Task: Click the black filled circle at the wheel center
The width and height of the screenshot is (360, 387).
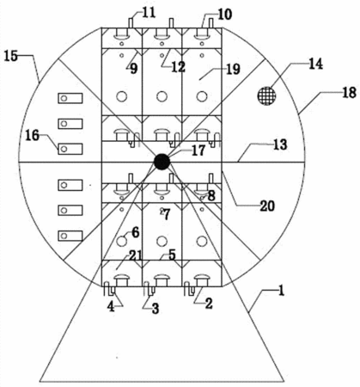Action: [x=162, y=162]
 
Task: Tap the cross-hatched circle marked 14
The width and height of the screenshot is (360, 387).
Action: [x=266, y=95]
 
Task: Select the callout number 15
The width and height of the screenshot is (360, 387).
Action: [x=11, y=56]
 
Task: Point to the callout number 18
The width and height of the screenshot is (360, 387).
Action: [x=349, y=93]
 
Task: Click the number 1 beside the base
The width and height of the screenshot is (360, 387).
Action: [x=281, y=291]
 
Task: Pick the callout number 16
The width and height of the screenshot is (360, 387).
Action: [x=32, y=135]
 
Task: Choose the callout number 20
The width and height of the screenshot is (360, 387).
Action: [x=267, y=206]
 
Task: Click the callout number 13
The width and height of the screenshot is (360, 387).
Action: [x=280, y=144]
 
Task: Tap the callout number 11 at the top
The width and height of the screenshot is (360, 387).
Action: [x=149, y=13]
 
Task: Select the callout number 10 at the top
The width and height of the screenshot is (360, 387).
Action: [x=224, y=15]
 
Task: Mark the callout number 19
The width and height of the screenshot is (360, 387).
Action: [x=233, y=69]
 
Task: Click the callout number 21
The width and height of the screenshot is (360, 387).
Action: [x=135, y=255]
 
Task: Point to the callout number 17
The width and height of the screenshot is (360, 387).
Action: [x=198, y=150]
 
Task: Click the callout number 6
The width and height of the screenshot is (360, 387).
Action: [x=135, y=232]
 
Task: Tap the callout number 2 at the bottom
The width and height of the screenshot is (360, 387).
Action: [x=209, y=304]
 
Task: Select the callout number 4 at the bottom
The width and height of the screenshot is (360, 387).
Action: [x=111, y=307]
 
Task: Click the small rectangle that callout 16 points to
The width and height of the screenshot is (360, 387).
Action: [x=70, y=149]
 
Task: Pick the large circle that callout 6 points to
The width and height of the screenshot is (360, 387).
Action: [x=122, y=242]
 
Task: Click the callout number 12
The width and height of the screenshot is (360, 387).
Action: [x=179, y=67]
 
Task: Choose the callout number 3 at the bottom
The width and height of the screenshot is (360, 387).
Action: [x=156, y=309]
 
